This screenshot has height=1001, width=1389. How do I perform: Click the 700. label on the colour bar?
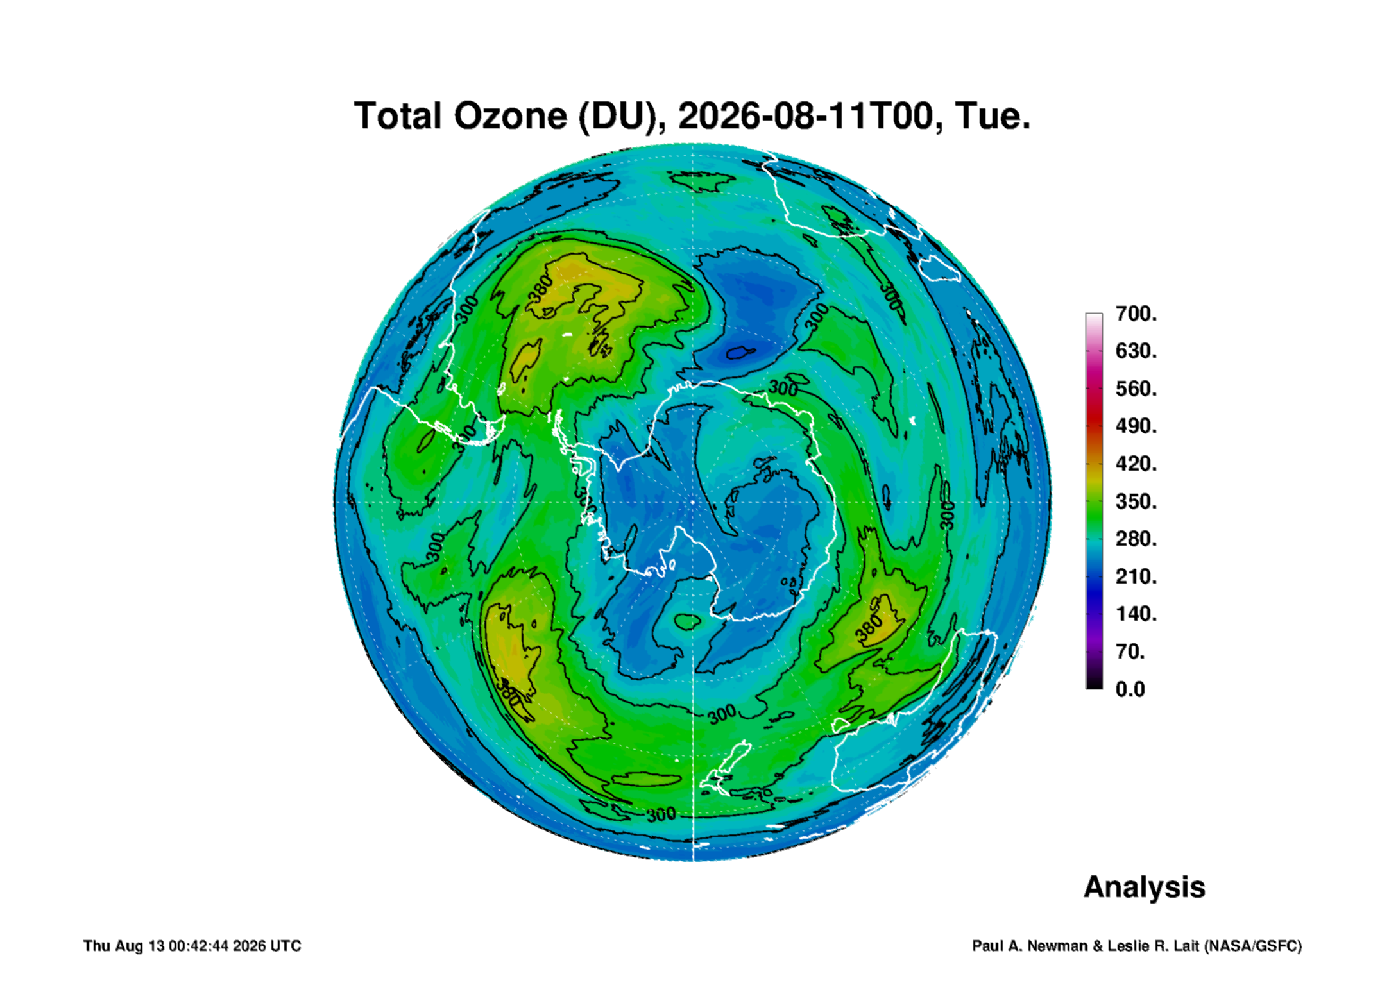pyautogui.click(x=1136, y=314)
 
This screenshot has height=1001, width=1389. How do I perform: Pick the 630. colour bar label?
pyautogui.click(x=1136, y=351)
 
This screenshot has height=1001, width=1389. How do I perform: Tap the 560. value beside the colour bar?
pyautogui.click(x=1136, y=389)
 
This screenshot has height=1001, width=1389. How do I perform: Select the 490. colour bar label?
pyautogui.click(x=1136, y=426)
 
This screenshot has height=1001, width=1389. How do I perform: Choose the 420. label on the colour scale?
pyautogui.click(x=1136, y=464)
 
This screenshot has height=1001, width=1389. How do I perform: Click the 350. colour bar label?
pyautogui.click(x=1136, y=501)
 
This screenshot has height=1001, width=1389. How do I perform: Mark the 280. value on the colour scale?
pyautogui.click(x=1136, y=539)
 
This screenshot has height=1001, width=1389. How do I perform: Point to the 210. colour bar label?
pyautogui.click(x=1136, y=576)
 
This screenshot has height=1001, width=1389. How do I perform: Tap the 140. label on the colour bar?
pyautogui.click(x=1136, y=614)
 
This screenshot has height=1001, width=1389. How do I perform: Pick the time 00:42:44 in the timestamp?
pyautogui.click(x=198, y=946)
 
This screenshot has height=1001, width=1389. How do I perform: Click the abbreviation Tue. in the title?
pyautogui.click(x=992, y=116)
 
